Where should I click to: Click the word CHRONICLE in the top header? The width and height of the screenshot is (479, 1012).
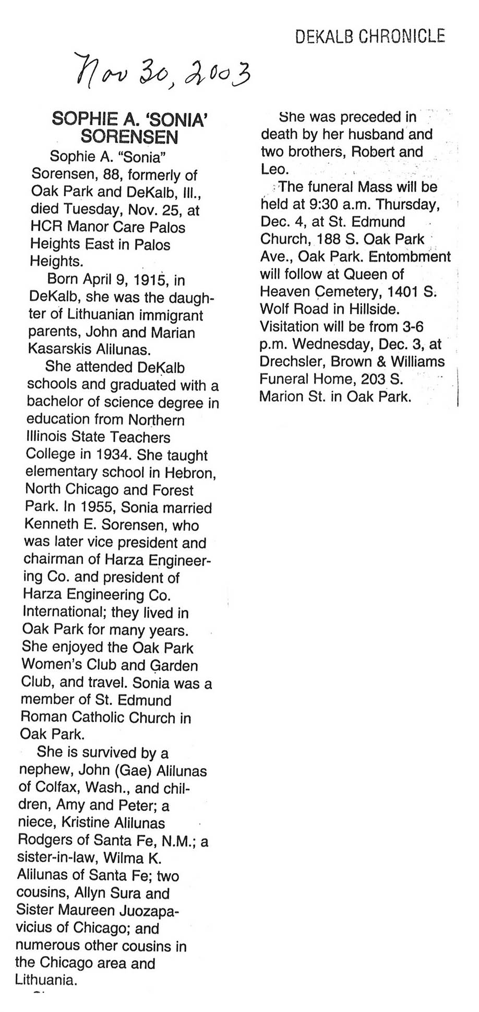coord(403,36)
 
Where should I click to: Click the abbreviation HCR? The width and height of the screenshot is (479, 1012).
coord(44,227)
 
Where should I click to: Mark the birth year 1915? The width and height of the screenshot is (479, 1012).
coord(149,280)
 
